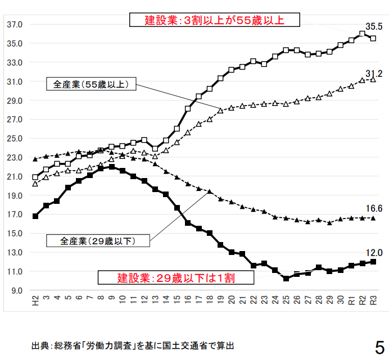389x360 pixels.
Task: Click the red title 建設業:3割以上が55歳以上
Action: tap(215, 20)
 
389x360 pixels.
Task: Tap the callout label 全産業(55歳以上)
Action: tap(91, 85)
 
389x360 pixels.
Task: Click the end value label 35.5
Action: tap(374, 26)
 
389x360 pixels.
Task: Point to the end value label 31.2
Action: tap(374, 73)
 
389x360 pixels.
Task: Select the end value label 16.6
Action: tap(374, 208)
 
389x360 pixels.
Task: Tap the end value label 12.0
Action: tap(374, 252)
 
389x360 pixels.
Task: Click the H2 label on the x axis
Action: tap(35, 302)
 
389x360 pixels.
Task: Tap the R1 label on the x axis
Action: tap(351, 302)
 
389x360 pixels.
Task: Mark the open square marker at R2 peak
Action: tap(362, 34)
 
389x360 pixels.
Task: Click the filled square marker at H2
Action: tap(35, 216)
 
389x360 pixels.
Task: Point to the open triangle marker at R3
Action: tap(373, 80)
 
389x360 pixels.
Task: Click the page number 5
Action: tap(379, 345)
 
